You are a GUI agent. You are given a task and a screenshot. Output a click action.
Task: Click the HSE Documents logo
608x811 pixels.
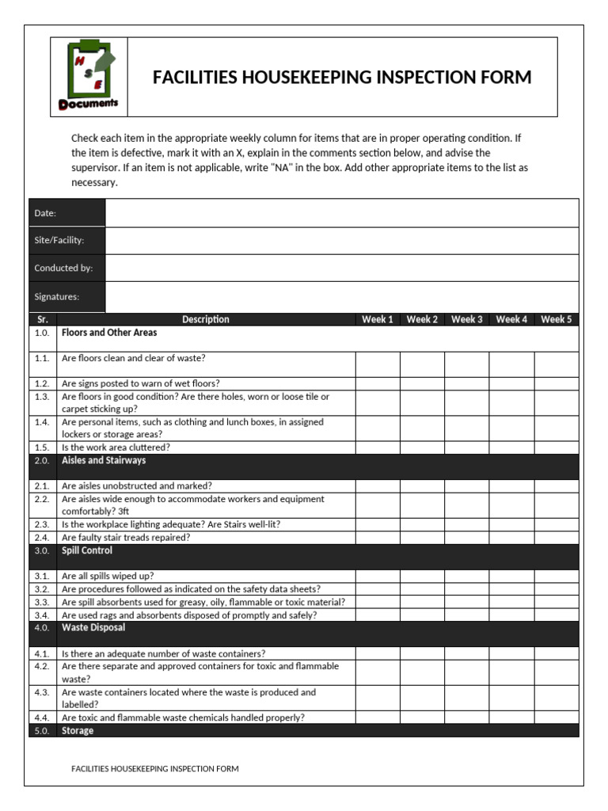(89, 77)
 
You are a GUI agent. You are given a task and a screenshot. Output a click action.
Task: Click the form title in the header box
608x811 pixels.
(342, 78)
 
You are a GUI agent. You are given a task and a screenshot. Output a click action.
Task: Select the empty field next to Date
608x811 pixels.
(341, 212)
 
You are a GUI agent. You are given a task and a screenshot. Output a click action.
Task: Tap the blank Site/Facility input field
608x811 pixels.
(341, 240)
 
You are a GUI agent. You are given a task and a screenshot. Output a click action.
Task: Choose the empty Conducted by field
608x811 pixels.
(341, 268)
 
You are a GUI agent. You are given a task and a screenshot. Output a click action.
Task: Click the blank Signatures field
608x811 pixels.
(341, 297)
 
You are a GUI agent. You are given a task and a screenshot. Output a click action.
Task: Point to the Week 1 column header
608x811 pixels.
(378, 319)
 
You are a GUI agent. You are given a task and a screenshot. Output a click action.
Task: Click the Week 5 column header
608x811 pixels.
(557, 319)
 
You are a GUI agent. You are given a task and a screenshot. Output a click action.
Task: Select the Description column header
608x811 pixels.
(206, 319)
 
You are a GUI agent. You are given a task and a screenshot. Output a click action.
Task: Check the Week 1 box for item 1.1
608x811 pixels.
(378, 364)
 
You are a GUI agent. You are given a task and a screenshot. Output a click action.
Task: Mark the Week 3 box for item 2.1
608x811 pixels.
(466, 485)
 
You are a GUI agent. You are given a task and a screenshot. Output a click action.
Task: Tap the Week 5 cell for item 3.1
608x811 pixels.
(557, 576)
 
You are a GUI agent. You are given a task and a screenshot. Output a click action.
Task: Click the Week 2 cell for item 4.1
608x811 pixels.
(422, 653)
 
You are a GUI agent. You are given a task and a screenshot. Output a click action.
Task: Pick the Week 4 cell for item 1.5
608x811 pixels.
(511, 447)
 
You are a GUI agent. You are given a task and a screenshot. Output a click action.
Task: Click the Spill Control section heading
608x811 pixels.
(87, 550)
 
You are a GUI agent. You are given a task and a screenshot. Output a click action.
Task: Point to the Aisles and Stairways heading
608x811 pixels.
(104, 460)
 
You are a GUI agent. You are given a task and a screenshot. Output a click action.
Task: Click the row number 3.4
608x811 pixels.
(42, 615)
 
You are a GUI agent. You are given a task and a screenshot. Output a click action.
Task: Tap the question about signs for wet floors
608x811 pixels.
(141, 383)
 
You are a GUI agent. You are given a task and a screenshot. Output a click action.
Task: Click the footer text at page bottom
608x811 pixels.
(155, 768)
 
